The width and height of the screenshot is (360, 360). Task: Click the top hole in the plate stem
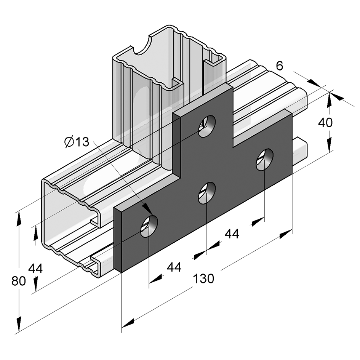point(207,126)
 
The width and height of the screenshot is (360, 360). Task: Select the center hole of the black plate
point(207,193)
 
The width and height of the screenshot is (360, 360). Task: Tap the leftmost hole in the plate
point(149,226)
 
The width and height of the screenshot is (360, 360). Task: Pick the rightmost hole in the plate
point(265,160)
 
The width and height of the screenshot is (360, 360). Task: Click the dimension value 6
point(280,66)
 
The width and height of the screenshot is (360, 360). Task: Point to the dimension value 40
point(325,123)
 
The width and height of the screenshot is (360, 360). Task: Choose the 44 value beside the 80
point(35,268)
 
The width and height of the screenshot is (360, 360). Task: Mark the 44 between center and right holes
point(232,234)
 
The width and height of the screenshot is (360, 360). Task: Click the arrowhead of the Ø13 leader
point(147,210)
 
